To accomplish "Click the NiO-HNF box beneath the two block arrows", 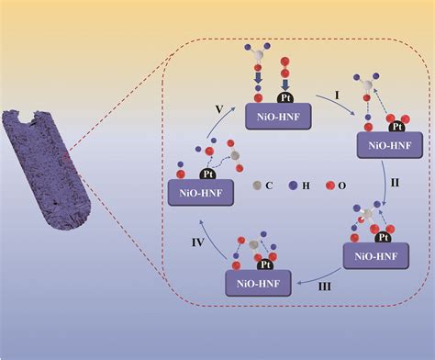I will tap(279, 116).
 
